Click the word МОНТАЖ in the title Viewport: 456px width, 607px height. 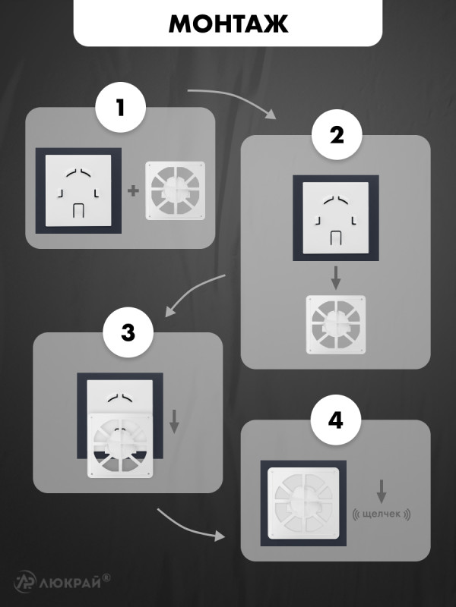[x=229, y=24]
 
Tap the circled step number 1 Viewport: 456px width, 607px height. [x=121, y=107]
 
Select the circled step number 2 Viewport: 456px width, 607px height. [x=337, y=135]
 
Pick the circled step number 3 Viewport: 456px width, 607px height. [x=128, y=332]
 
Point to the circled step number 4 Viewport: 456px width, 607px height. [x=336, y=420]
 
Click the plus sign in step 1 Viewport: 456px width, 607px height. [x=133, y=190]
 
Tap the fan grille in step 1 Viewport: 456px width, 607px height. [x=176, y=190]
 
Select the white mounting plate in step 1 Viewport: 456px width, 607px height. [x=78, y=190]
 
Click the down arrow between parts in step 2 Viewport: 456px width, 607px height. [x=336, y=278]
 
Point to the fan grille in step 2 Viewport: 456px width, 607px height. [x=336, y=325]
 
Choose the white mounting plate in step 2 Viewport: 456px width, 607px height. [x=336, y=218]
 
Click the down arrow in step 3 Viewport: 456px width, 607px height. [x=175, y=422]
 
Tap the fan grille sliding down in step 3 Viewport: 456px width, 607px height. [x=120, y=445]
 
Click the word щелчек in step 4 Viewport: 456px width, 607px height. [x=382, y=514]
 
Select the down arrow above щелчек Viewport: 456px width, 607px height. [x=382, y=492]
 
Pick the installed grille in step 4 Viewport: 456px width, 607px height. [x=303, y=503]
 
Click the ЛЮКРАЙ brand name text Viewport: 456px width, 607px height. [x=70, y=582]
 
